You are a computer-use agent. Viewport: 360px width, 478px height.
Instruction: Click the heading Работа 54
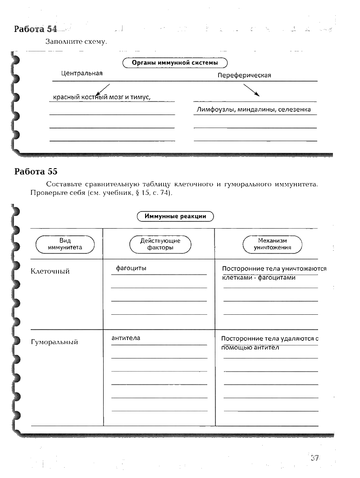point(36,29)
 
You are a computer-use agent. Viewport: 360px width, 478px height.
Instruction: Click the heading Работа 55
point(36,171)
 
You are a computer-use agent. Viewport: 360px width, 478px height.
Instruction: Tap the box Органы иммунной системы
point(175,63)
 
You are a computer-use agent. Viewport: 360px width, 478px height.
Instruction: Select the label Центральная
point(82,73)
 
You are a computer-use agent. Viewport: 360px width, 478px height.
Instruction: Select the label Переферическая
point(244,75)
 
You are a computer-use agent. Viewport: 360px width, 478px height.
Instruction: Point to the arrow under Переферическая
point(251,90)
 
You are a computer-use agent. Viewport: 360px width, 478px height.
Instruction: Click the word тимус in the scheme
point(138,97)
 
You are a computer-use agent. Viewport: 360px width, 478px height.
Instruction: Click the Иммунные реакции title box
point(175,216)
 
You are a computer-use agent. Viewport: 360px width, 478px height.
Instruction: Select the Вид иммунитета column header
point(65,244)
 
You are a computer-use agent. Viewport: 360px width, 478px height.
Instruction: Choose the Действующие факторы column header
point(160,244)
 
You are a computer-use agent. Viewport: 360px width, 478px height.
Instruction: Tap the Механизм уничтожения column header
point(272,244)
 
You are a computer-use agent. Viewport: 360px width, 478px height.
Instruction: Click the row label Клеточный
point(50,271)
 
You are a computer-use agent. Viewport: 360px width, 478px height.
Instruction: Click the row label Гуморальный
point(54,342)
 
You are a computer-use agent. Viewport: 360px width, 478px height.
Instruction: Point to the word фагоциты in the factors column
point(131,268)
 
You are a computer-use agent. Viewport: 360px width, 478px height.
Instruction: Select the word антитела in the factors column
point(126,338)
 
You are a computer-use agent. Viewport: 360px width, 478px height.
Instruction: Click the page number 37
point(314,458)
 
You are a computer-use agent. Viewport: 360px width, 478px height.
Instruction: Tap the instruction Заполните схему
point(76,42)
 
